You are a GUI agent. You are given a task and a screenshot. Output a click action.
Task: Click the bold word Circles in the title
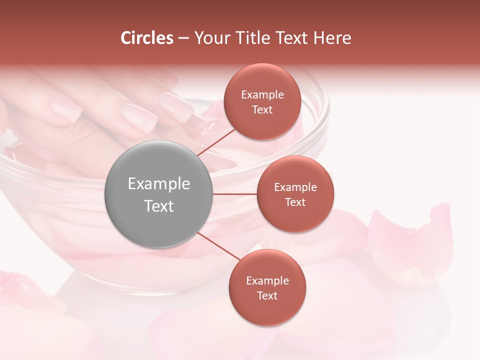click(x=147, y=38)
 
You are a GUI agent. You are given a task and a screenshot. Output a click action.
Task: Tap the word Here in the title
click(x=332, y=38)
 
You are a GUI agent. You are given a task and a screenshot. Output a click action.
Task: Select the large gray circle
click(x=159, y=194)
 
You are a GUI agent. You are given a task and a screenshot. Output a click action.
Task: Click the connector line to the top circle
click(x=216, y=142)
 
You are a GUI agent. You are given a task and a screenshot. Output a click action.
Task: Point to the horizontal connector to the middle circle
click(x=235, y=194)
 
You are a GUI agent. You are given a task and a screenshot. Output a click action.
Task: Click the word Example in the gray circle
click(x=159, y=184)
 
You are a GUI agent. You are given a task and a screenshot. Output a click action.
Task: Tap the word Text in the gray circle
click(x=159, y=206)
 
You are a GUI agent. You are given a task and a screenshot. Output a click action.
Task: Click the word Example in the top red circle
click(x=262, y=95)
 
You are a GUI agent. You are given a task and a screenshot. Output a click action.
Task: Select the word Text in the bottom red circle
click(x=267, y=295)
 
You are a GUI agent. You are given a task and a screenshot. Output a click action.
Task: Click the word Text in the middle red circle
click(x=295, y=202)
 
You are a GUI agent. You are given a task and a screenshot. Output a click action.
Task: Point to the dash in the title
click(x=183, y=38)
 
